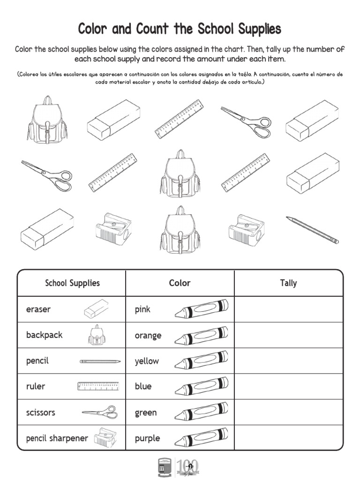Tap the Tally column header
[288, 283]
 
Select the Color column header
[180, 283]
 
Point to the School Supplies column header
[72, 283]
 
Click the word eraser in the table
[38, 309]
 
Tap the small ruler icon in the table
[98, 387]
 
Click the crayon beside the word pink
[202, 309]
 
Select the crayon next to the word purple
[202, 438]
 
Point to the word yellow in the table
[147, 361]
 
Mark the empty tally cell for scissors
[288, 412]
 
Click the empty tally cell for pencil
[288, 361]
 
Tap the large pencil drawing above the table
[312, 230]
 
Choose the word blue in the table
[143, 387]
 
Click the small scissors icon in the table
[99, 413]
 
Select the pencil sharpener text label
[57, 439]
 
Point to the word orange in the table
[148, 336]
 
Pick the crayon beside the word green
[202, 412]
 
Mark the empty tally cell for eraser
[288, 309]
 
